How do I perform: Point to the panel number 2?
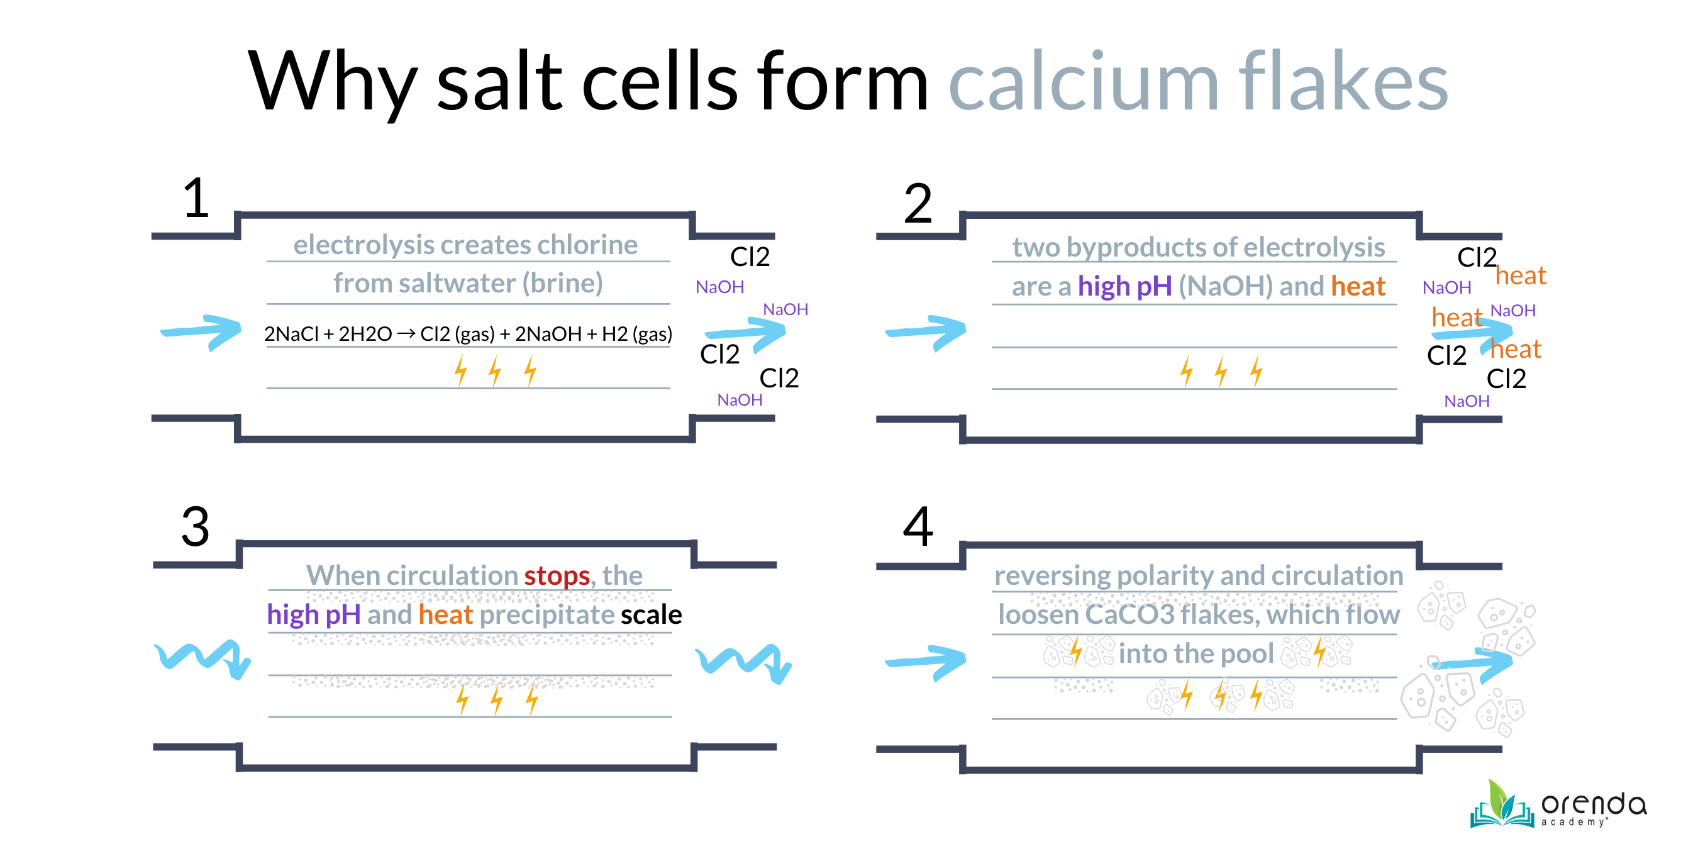[918, 204]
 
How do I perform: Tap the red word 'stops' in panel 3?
[557, 576]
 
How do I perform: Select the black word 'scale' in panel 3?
[651, 615]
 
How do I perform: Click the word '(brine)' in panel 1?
[562, 284]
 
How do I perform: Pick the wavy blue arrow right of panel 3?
[743, 662]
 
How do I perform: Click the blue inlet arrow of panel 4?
[926, 661]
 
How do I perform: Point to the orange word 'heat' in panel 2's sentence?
[1358, 287]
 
